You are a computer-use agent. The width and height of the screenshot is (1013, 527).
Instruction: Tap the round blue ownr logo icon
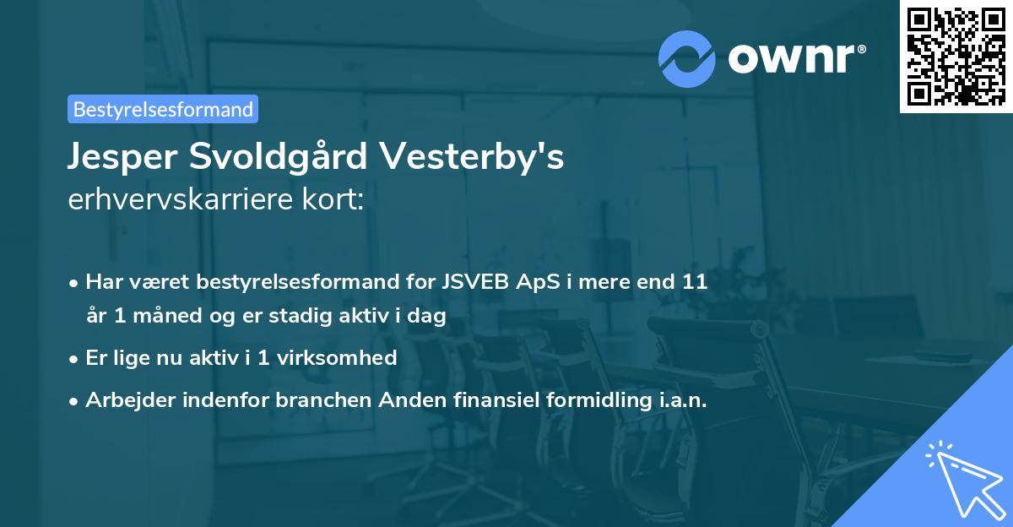688,58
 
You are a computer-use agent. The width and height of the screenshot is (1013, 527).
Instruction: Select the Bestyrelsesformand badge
163,109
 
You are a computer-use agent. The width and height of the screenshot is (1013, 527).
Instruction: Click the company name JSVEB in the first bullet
469,282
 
